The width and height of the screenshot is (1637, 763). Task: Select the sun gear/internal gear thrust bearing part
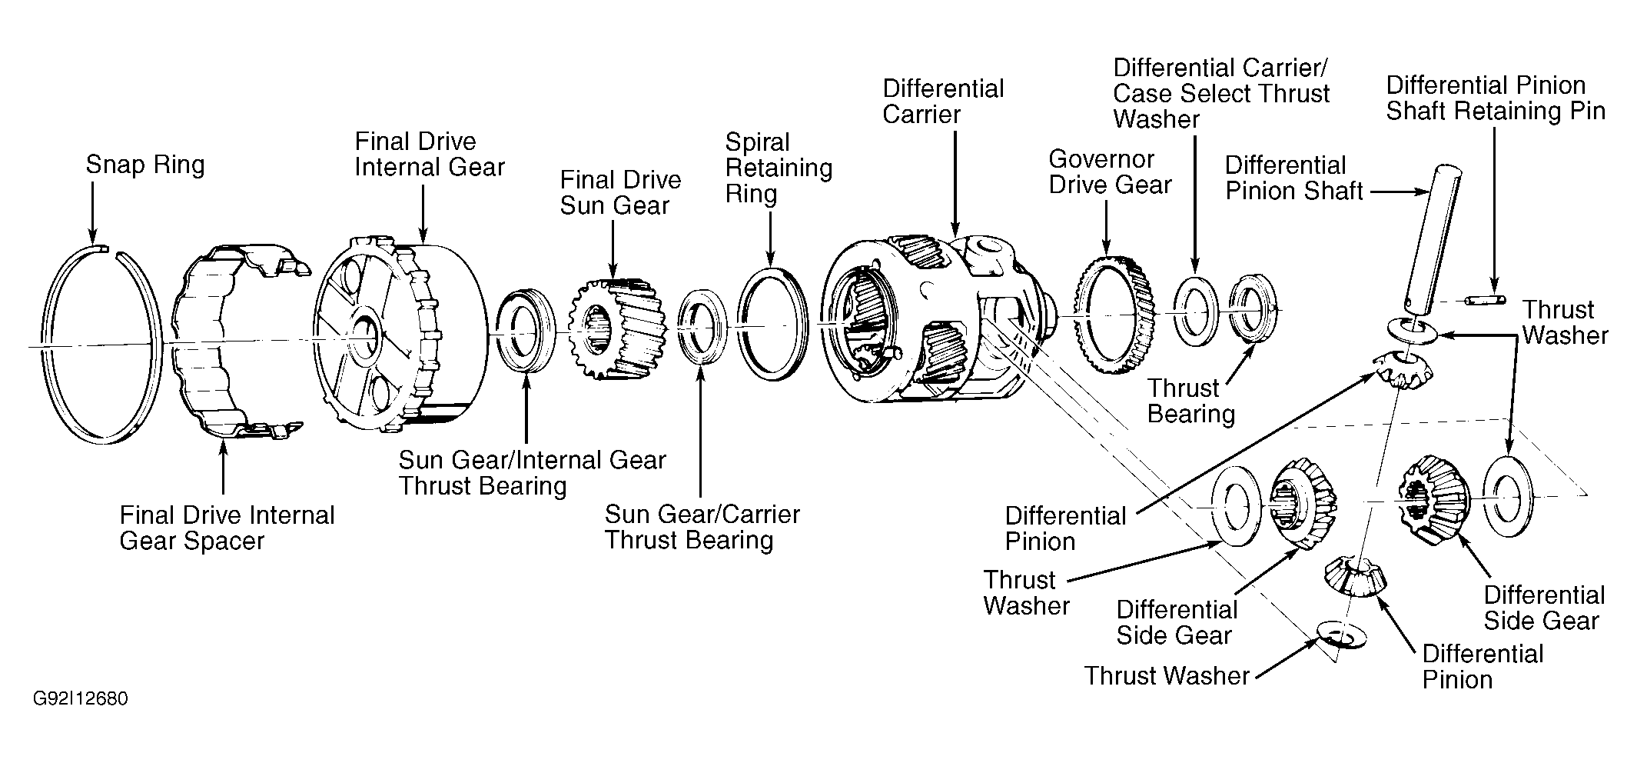524,329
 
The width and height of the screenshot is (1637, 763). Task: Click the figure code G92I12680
80,699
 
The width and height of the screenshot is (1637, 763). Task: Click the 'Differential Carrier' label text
943,102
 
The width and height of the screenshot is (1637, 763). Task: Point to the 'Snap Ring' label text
145,165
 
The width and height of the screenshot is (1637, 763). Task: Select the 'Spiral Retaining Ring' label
779,168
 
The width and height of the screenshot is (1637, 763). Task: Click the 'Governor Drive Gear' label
1110,172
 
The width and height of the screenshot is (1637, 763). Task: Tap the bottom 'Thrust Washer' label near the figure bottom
1167,675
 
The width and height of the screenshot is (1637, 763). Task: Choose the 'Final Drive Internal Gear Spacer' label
227,528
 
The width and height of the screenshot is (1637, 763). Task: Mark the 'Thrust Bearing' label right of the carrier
1190,401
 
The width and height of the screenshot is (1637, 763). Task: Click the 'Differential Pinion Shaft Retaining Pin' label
1496,98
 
